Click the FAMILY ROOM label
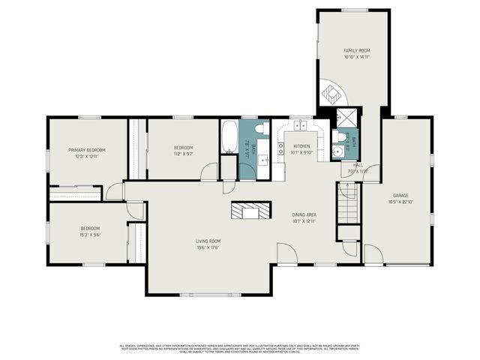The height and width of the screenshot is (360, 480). click(356, 50)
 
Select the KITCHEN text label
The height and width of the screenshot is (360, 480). click(301, 146)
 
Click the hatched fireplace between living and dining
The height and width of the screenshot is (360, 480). click(250, 211)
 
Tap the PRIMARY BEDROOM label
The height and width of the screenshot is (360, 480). click(86, 150)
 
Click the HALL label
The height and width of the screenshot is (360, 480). click(358, 165)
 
